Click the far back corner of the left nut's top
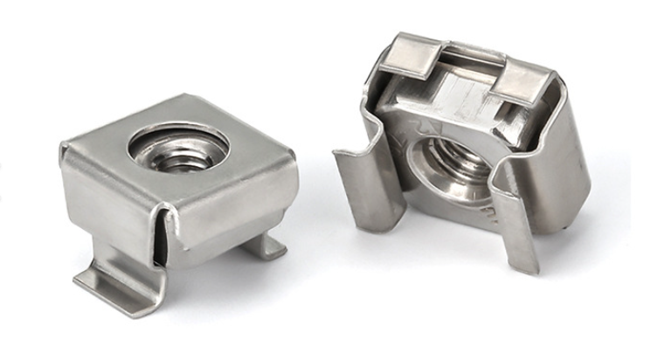point(189,98)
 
